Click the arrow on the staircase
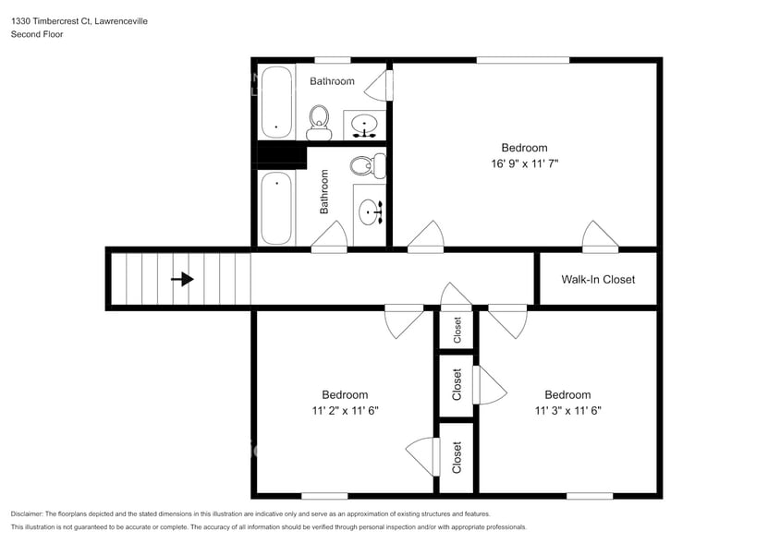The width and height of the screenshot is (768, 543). click(x=183, y=279)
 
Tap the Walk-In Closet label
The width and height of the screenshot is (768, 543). click(x=598, y=279)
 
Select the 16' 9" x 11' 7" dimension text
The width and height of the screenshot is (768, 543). click(x=524, y=163)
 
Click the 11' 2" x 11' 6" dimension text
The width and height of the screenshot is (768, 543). click(x=345, y=410)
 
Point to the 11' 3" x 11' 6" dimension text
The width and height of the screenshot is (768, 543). click(x=567, y=410)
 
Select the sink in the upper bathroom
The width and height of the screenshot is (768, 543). click(x=366, y=124)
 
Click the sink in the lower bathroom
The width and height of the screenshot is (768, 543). click(x=372, y=213)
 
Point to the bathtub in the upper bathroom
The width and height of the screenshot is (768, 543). click(x=275, y=102)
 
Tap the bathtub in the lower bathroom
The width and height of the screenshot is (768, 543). click(x=275, y=209)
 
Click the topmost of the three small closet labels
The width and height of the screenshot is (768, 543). click(x=457, y=329)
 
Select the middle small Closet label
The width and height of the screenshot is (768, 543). click(x=457, y=385)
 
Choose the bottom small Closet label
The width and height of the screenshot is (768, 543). click(x=457, y=456)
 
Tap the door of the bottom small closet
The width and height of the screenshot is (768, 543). click(x=421, y=456)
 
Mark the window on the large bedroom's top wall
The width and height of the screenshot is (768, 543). click(x=522, y=61)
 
